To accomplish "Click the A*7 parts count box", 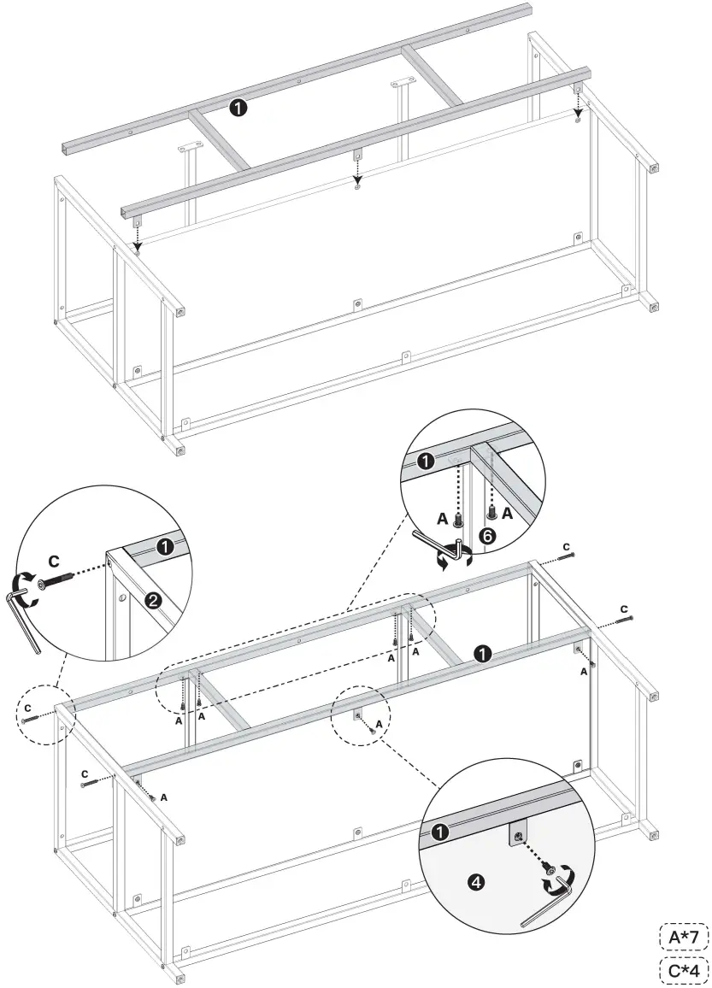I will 683,938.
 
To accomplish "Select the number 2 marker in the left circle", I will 153,599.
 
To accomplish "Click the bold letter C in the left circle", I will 53,561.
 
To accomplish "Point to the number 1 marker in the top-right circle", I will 424,462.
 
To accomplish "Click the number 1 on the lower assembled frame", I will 482,654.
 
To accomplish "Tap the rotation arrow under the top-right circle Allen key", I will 444,560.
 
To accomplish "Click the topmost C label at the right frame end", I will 566,546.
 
